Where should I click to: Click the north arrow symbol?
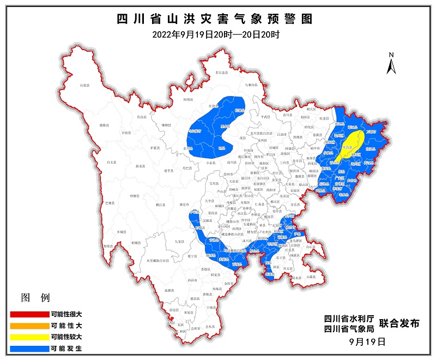coord(391,64)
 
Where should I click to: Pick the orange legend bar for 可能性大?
coord(29,326)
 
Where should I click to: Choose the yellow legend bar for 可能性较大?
coord(29,337)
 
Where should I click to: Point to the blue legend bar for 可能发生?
coord(29,347)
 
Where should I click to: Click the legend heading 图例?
coord(35,298)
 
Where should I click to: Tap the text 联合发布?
coord(399,323)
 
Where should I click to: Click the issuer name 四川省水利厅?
coord(348,318)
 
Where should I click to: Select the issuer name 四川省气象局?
coord(348,328)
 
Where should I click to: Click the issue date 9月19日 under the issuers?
coord(367,342)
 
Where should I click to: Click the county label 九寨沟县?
coord(251,85)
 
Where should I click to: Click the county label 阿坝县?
coord(189,100)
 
